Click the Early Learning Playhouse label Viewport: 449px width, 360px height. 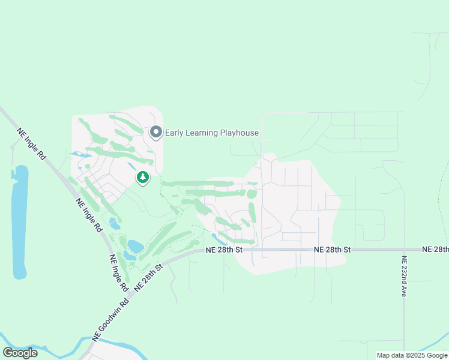[212, 133]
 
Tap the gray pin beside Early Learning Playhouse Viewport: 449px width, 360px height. [156, 132]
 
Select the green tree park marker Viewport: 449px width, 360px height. [143, 178]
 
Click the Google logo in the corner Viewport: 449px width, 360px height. [20, 353]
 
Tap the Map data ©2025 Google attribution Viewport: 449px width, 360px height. [412, 355]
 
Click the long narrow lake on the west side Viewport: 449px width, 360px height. [20, 222]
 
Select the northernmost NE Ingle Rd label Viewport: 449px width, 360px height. [32, 144]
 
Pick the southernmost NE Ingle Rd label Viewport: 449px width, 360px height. [119, 273]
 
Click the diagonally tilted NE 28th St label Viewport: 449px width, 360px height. [149, 277]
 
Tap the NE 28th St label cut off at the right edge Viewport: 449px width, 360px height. [435, 249]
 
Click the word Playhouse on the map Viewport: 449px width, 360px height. [239, 133]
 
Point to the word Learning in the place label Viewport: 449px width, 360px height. [202, 133]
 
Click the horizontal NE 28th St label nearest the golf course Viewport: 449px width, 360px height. [223, 249]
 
